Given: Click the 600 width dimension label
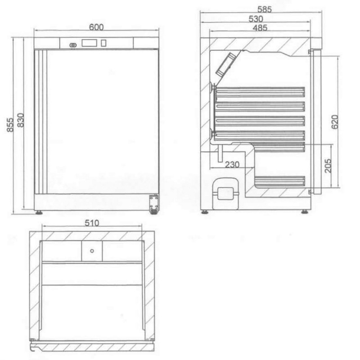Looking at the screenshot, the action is click(x=96, y=27).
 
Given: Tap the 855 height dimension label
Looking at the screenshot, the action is click(x=10, y=125).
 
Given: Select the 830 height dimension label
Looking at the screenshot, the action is click(x=20, y=120).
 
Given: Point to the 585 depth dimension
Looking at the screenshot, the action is click(x=265, y=9).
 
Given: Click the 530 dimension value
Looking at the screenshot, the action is click(x=256, y=19).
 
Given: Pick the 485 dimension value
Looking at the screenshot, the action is click(x=260, y=28).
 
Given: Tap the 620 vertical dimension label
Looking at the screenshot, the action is click(x=335, y=122).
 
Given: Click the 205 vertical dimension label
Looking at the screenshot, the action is click(x=328, y=166).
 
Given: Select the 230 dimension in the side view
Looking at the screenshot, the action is click(x=232, y=164).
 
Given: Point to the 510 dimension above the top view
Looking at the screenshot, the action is click(x=92, y=223).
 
